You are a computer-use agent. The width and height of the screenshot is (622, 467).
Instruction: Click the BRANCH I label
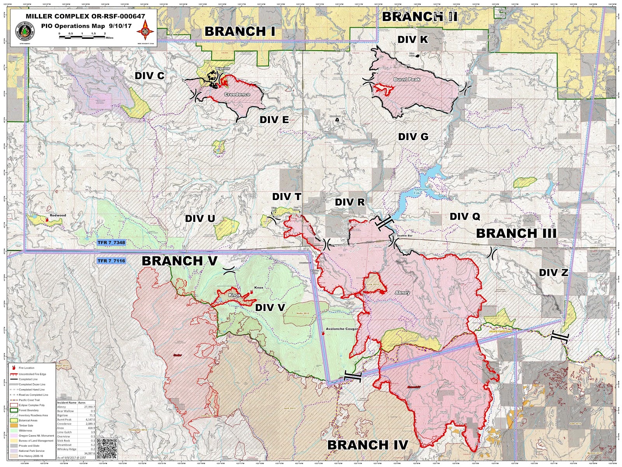tap(240, 32)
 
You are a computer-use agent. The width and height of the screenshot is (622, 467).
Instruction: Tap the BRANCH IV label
tap(367, 445)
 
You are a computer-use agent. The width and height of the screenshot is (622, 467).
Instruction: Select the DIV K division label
tap(412, 39)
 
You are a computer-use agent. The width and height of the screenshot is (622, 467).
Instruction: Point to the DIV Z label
tap(553, 272)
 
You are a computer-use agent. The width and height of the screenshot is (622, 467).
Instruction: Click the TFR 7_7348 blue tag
tap(111, 242)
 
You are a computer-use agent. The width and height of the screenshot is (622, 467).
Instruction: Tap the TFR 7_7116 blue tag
tap(111, 261)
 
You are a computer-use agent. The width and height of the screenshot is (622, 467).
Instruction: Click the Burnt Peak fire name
tap(407, 79)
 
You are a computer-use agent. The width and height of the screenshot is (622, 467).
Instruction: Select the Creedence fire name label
tap(237, 95)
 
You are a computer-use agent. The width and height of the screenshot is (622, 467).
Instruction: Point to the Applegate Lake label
tap(421, 191)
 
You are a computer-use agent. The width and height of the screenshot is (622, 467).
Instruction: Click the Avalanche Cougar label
tap(342, 329)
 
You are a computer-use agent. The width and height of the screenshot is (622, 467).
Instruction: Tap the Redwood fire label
tap(58, 215)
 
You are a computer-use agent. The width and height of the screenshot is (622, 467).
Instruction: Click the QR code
tap(107, 448)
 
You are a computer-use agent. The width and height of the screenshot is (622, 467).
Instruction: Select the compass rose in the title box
tap(145, 30)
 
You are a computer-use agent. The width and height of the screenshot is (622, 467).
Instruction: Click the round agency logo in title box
tap(23, 31)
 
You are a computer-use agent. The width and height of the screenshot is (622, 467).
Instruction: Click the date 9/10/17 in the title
tap(120, 26)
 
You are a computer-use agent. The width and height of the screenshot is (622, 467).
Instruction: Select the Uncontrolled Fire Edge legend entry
tap(32, 374)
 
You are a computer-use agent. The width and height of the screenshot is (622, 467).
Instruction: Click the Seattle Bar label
tap(404, 236)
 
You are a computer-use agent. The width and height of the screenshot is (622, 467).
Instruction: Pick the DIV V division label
tap(270, 307)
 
